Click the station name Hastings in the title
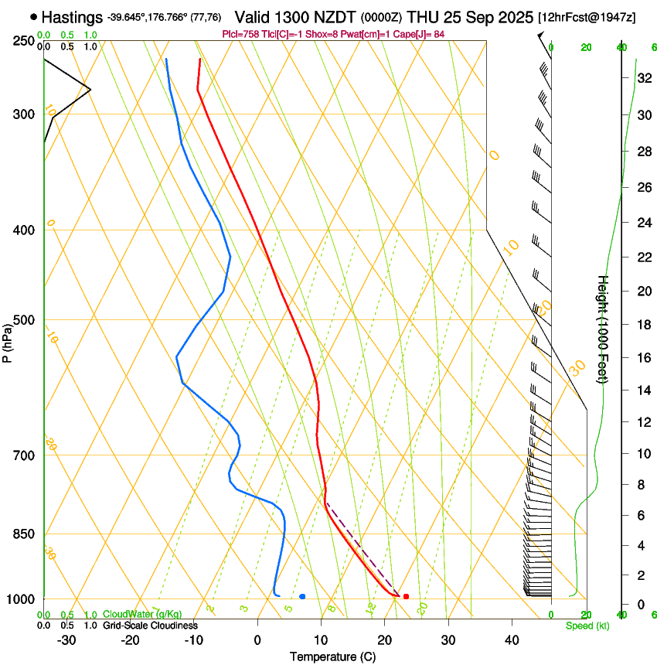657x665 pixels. pos(72,16)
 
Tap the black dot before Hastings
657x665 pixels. pos(33,16)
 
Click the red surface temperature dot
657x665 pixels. pos(406,596)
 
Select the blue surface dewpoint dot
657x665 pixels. pos(302,596)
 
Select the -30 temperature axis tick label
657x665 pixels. pos(66,640)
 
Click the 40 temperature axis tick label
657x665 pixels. pos(512,640)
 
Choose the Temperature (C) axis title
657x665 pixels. pos(332,656)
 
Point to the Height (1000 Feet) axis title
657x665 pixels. pos(603,329)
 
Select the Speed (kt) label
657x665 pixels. pos(587,626)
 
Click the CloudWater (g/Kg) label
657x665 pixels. pos(142,615)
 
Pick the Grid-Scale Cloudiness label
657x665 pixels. pos(150,626)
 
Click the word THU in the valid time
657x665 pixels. pos(422,16)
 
